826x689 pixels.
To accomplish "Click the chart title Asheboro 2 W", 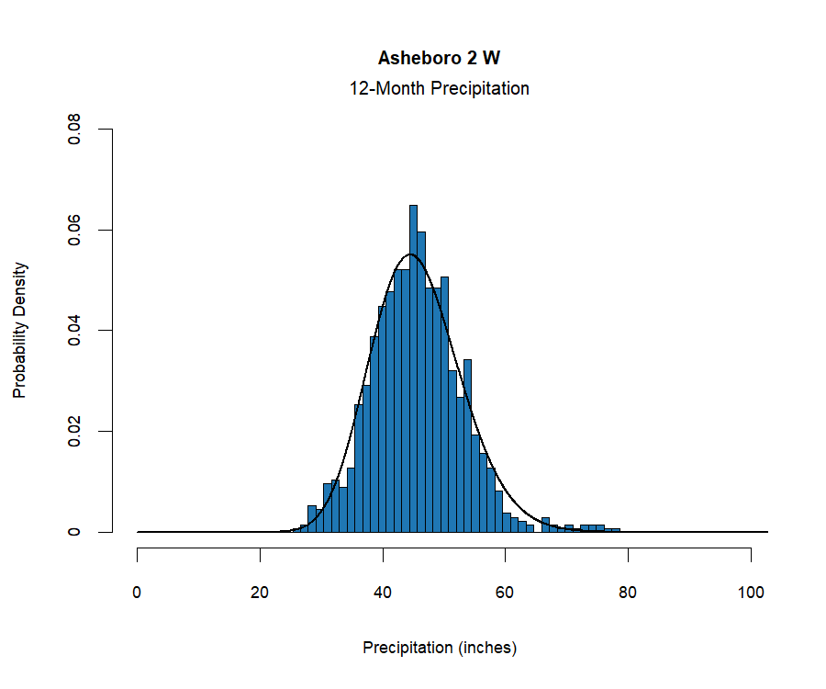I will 440,58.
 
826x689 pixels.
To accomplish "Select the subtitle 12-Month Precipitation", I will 440,89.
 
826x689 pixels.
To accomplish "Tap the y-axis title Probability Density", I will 20,330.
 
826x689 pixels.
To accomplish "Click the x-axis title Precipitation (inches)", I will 440,648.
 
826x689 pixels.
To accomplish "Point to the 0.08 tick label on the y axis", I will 77,130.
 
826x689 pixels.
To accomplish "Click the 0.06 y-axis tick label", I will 77,230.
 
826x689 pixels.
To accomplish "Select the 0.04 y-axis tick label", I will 77,331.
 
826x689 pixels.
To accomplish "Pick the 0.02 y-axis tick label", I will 77,431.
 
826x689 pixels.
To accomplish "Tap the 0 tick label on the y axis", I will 77,532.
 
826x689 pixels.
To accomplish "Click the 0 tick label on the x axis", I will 138,593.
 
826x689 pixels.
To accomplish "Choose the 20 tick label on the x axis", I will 261,593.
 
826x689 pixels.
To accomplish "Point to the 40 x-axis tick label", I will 383,593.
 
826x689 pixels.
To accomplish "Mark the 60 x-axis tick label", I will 506,593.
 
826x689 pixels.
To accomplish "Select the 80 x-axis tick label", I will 628,593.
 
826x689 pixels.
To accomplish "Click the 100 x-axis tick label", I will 751,593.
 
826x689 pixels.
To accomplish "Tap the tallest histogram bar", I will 413,367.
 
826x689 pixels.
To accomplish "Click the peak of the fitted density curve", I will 410,254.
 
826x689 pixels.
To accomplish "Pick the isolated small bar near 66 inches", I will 545,525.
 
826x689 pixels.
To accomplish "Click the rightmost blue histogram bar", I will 617,530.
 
